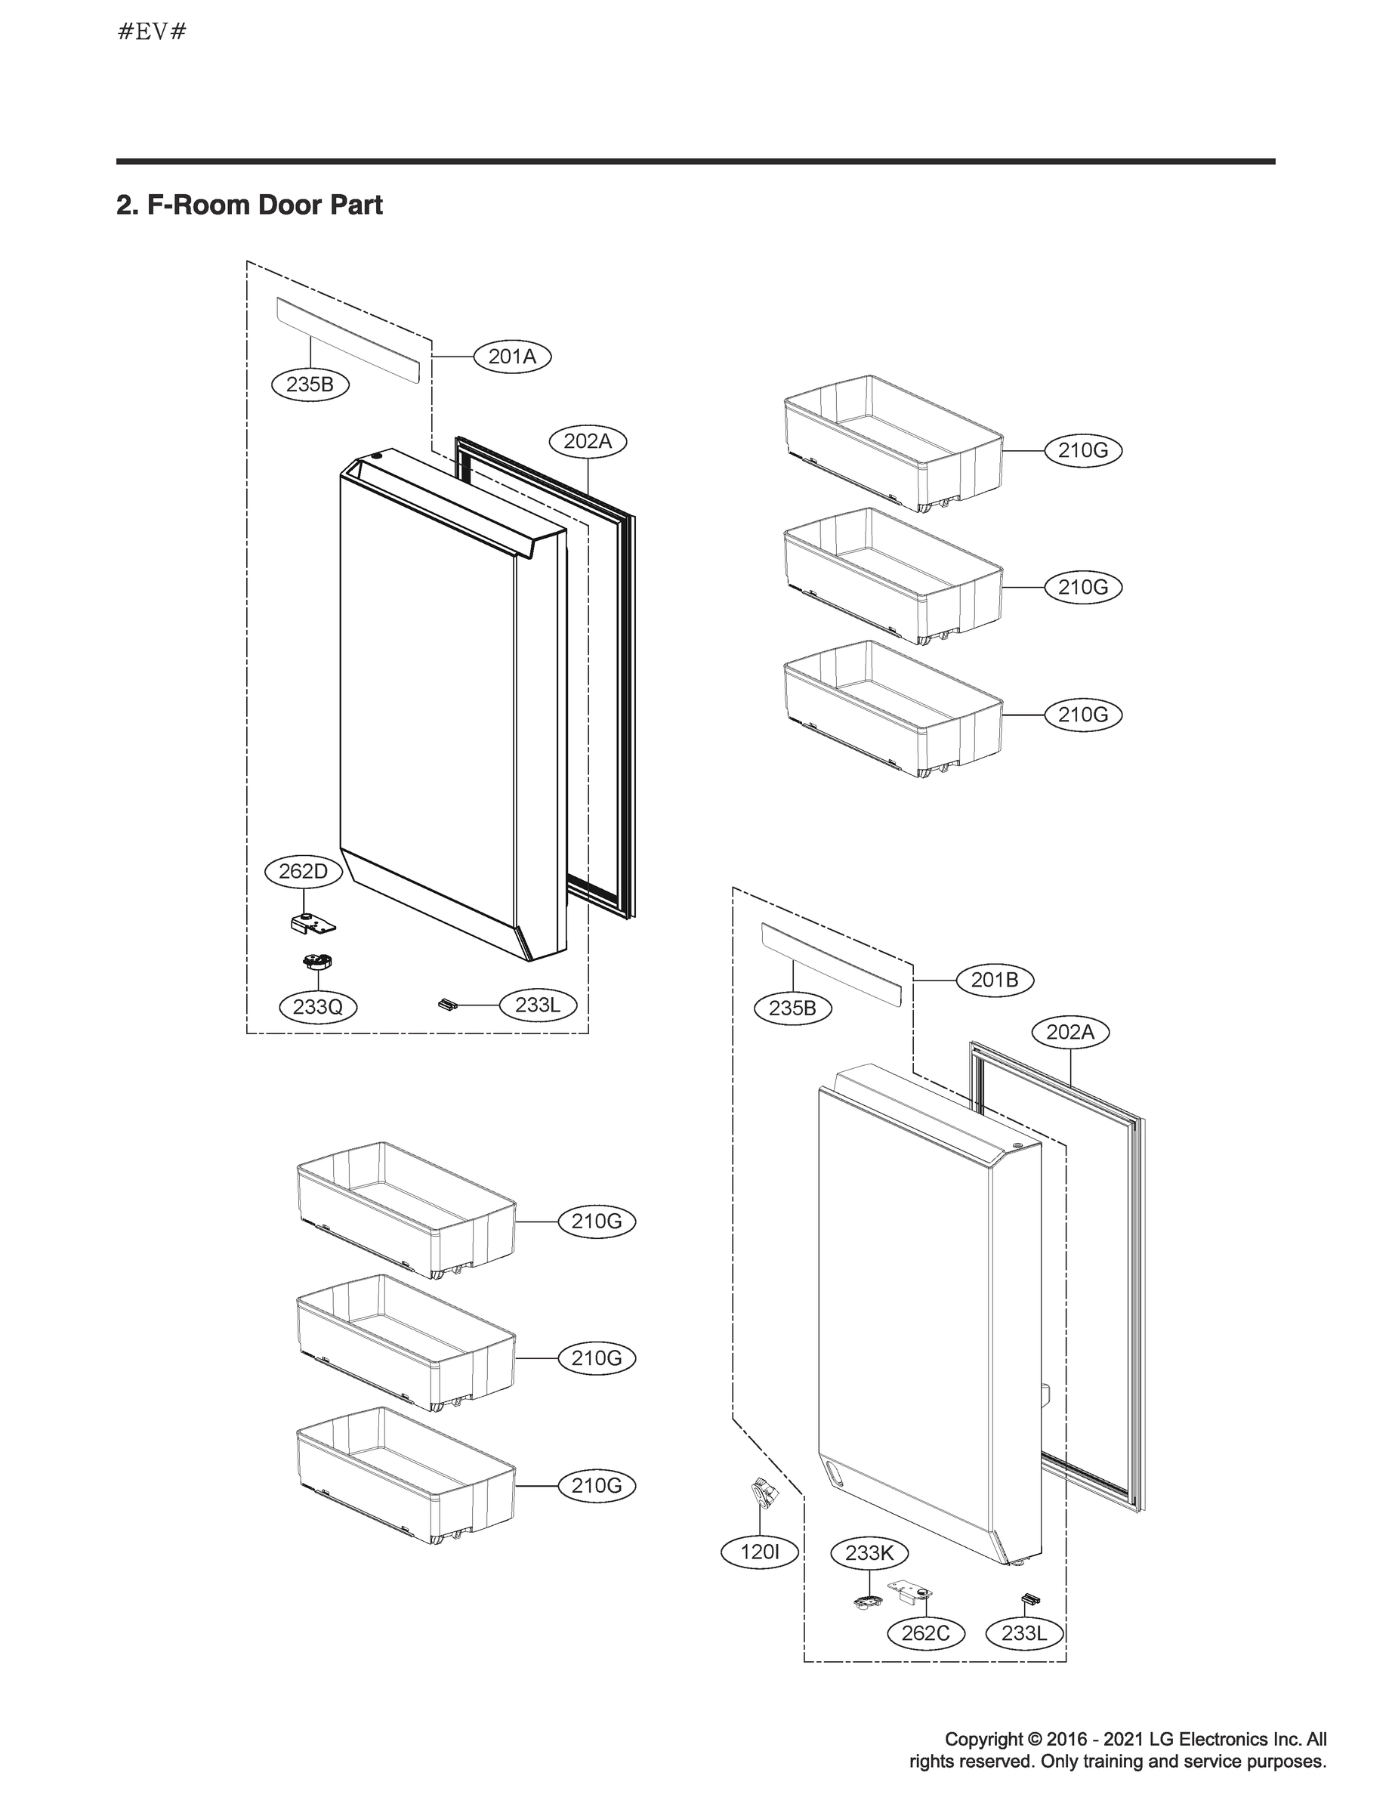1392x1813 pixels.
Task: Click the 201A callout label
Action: tap(512, 357)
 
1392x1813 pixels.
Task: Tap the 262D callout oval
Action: tap(304, 872)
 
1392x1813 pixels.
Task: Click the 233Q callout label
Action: tap(318, 1007)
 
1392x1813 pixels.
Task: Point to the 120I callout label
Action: tap(760, 1552)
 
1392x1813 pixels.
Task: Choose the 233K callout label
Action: tap(869, 1553)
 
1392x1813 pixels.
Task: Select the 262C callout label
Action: tap(925, 1633)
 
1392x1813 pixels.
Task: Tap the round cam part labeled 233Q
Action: tap(316, 962)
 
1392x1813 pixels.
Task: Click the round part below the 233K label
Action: tap(866, 1601)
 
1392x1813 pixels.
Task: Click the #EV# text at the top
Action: tap(153, 32)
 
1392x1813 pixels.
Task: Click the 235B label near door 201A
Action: tap(310, 385)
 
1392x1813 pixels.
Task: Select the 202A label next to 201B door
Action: tap(1070, 1033)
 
